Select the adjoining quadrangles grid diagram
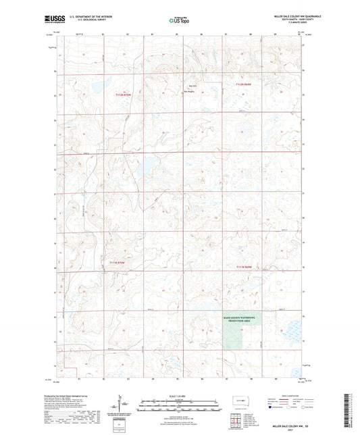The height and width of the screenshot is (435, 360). tap(235, 421)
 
